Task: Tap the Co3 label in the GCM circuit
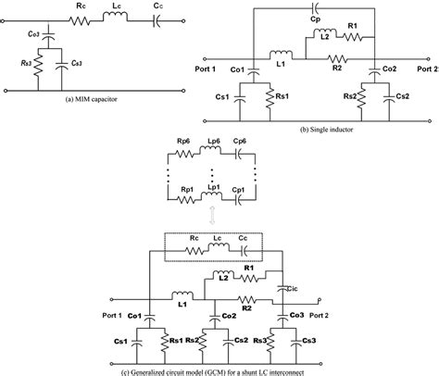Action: click(x=296, y=316)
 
